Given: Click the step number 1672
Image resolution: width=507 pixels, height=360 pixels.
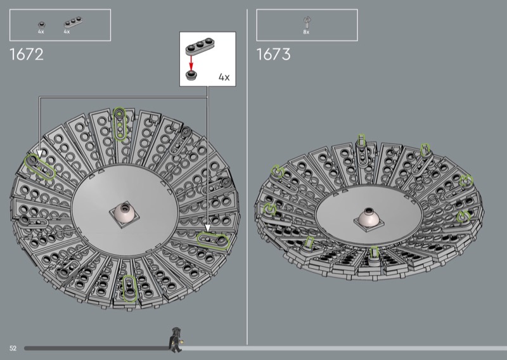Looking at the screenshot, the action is point(27,55).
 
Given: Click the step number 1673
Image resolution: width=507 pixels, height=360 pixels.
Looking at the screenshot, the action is point(274,55).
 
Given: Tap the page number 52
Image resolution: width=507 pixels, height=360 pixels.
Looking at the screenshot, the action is point(13,348).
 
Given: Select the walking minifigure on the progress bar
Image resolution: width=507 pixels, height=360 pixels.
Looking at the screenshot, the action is point(176,340).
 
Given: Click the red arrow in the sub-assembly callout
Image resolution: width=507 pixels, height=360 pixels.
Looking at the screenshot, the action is point(191,62).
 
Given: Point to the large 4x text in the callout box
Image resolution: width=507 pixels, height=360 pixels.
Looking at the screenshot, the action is point(224,77).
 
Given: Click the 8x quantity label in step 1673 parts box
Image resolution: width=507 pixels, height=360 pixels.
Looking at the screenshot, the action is point(306,32).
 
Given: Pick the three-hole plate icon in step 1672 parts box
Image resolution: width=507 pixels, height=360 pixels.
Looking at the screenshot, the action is point(73,22).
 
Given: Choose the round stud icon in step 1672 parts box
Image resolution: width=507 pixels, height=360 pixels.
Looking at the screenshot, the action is point(41,25).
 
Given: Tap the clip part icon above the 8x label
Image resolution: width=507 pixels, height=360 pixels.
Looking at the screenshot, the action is point(307,23).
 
